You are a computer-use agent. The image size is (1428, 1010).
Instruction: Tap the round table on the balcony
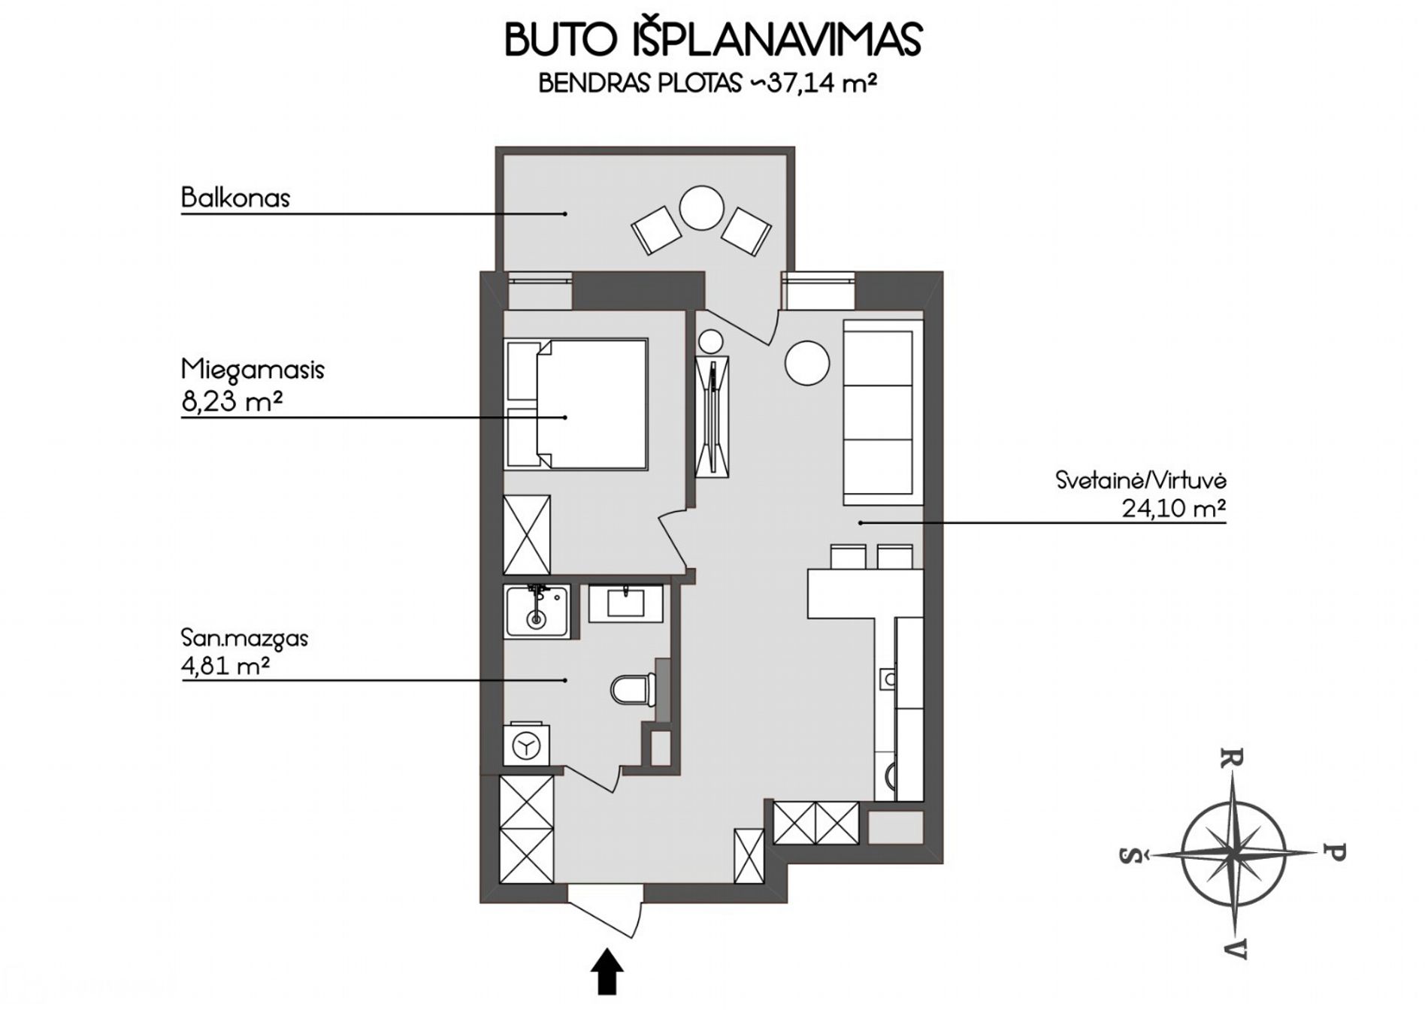click(x=701, y=209)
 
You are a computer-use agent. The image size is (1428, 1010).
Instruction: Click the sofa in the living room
click(x=883, y=413)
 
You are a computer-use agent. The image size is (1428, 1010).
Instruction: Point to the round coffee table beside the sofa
click(x=807, y=363)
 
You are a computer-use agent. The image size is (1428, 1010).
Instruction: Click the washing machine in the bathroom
click(x=525, y=745)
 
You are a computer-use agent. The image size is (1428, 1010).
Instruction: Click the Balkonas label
click(x=235, y=198)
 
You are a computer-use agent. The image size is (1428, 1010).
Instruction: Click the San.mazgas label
click(x=245, y=640)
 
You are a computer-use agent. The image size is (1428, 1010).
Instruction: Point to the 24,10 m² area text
click(x=1174, y=508)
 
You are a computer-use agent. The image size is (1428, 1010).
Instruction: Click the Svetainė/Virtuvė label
click(x=1141, y=479)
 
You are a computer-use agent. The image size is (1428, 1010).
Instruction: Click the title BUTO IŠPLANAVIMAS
click(x=713, y=40)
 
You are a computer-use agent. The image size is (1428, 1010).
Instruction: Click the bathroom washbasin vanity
click(x=625, y=604)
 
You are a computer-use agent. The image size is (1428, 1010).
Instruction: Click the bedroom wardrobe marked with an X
click(x=527, y=535)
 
